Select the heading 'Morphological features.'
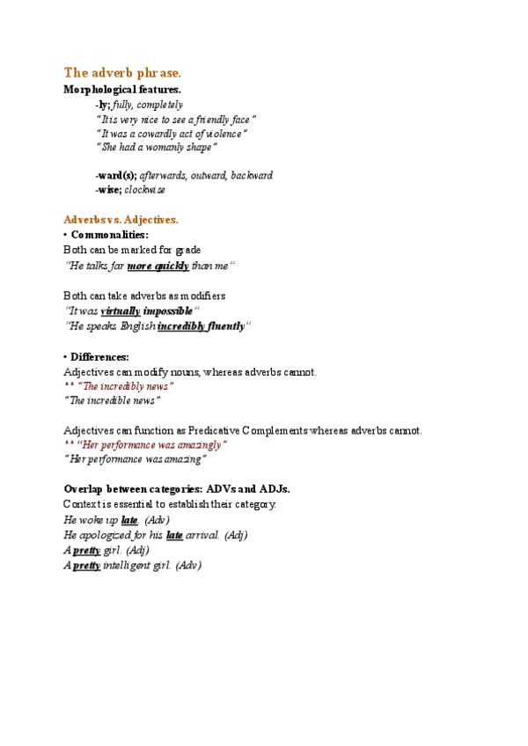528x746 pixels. pos(122,90)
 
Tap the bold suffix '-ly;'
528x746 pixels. pos(103,105)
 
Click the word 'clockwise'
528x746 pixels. pos(144,189)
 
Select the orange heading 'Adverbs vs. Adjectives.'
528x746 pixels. pos(121,219)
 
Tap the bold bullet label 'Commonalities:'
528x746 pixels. pos(109,236)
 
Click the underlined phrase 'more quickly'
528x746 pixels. pos(158,266)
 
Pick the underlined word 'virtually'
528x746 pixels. pos(121,311)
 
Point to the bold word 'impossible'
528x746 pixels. pos(167,311)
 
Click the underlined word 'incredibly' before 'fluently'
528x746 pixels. pos(180,326)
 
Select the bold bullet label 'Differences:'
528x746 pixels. pos(99,357)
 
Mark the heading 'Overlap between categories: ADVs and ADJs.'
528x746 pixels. pos(177,489)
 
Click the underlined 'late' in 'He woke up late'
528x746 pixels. pos(129,521)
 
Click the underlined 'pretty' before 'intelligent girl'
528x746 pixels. pos(86,566)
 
